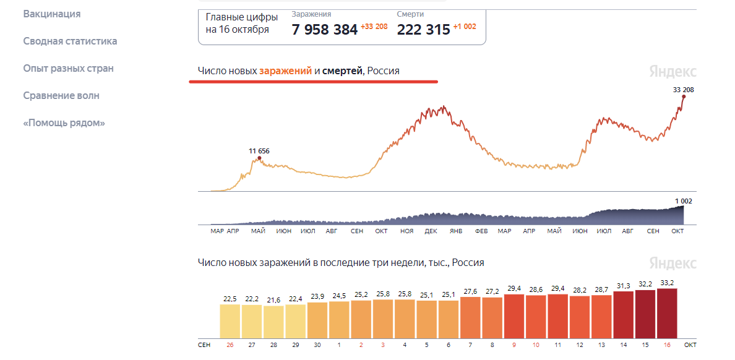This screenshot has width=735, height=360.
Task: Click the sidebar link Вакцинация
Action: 52,14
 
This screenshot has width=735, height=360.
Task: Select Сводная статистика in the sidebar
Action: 70,41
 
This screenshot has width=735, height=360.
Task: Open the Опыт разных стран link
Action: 68,68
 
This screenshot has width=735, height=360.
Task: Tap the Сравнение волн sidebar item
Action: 61,95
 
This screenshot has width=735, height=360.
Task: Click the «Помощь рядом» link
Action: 64,122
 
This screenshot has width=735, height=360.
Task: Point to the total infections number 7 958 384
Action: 324,30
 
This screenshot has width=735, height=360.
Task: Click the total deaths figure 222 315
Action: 423,30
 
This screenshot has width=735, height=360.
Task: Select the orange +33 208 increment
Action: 374,27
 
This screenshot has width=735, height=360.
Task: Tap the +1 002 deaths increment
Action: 464,27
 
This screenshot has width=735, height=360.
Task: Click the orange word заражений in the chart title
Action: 285,71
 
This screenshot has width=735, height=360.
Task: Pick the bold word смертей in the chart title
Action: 342,71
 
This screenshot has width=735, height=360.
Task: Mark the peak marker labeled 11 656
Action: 259,158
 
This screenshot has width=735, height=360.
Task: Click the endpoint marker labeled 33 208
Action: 684,96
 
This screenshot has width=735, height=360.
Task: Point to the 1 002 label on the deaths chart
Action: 683,201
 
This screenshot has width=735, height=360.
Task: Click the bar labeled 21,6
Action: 273,320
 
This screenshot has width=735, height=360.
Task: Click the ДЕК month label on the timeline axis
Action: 431,231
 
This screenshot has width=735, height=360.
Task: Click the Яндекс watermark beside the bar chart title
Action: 673,263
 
